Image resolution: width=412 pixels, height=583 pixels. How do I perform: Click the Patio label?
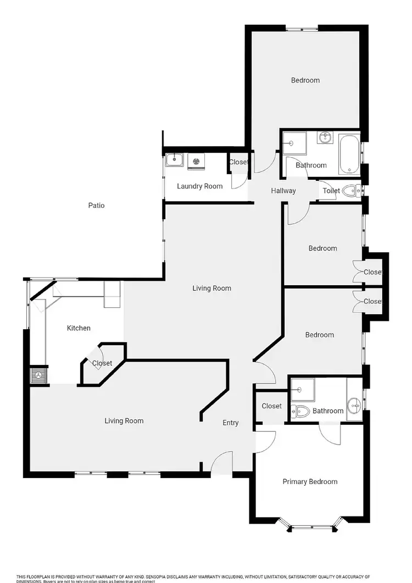(x=96, y=206)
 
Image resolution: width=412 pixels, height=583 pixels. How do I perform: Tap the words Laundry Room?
(x=199, y=186)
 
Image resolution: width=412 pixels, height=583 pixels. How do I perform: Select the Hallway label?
(x=283, y=191)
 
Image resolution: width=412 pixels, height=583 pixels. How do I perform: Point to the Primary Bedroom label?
(x=310, y=482)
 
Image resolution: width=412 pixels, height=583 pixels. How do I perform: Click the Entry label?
(x=231, y=423)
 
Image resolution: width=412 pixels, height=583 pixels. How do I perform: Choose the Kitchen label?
(x=79, y=328)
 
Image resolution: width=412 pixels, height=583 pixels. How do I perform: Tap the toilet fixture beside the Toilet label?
(x=350, y=191)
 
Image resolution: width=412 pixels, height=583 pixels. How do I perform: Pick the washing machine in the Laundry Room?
(x=195, y=161)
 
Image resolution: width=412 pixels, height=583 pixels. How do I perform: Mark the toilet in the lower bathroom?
(x=299, y=410)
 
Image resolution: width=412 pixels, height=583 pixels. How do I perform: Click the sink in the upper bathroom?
(x=325, y=137)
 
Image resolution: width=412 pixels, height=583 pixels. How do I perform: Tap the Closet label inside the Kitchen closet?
(x=102, y=363)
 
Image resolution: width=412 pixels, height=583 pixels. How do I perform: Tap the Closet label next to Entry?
(x=271, y=406)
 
